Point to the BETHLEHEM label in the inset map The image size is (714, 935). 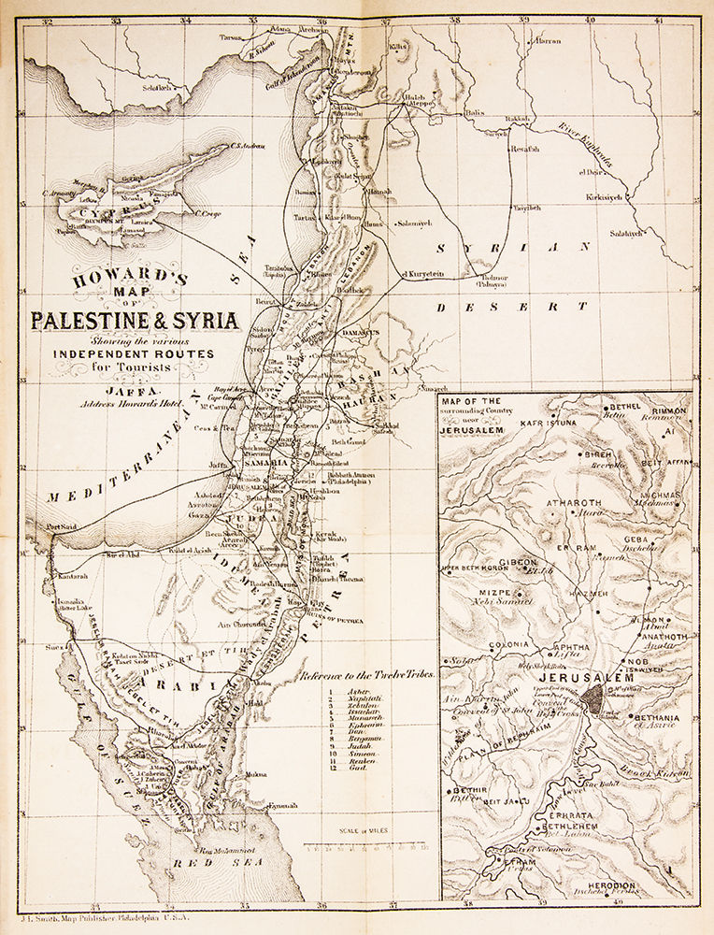point(564,827)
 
